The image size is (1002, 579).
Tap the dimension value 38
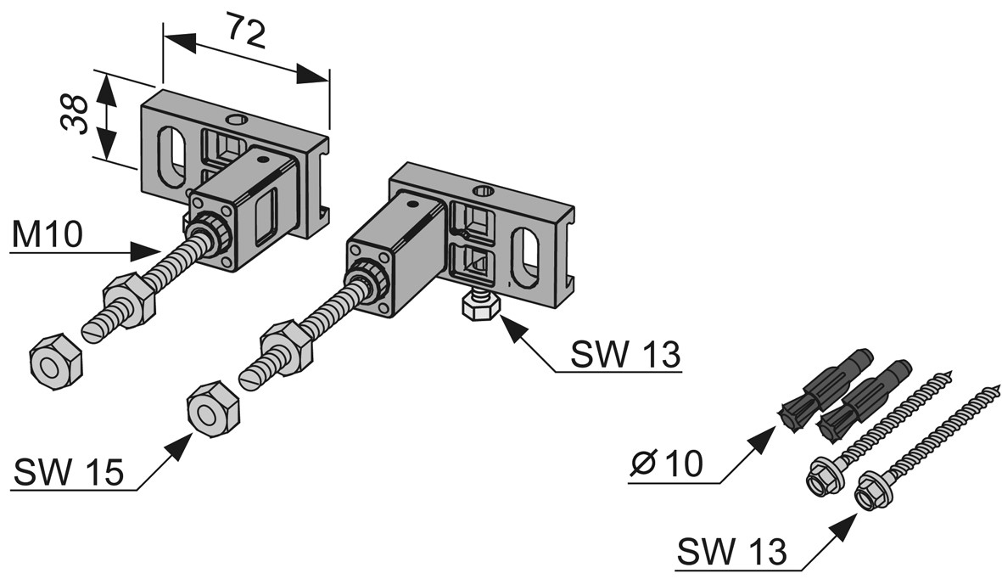pos(77,115)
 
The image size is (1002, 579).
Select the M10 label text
pos(48,235)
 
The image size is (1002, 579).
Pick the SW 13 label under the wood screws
pos(732,553)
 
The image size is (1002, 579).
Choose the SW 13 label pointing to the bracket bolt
pos(625,355)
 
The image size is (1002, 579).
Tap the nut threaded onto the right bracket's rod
pos(285,339)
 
